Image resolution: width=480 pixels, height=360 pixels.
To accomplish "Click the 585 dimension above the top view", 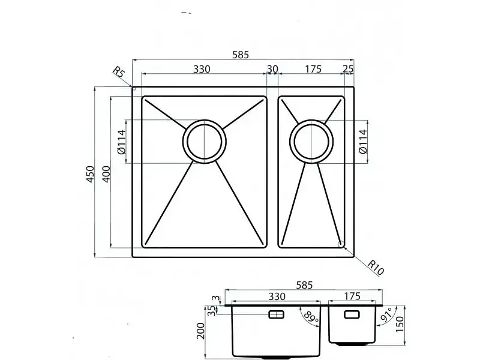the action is coord(241,55).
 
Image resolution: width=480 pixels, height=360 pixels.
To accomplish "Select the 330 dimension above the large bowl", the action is coord(202,69).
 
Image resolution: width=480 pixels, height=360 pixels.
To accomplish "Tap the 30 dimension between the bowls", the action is coord(272,69).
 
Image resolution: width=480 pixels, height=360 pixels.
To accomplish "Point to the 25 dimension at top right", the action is coord(348,69).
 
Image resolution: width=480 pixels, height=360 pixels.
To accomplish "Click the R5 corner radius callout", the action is coord(119,73).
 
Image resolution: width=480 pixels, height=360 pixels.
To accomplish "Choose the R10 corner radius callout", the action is coord(376,268).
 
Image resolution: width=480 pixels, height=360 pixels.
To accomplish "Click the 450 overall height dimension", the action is coord(90,174).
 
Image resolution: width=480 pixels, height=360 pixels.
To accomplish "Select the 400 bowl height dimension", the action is coord(106,174).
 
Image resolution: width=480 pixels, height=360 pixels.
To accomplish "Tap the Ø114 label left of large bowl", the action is coord(121,142).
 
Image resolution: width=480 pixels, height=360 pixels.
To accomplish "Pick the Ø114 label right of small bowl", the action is coord(363,142).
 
